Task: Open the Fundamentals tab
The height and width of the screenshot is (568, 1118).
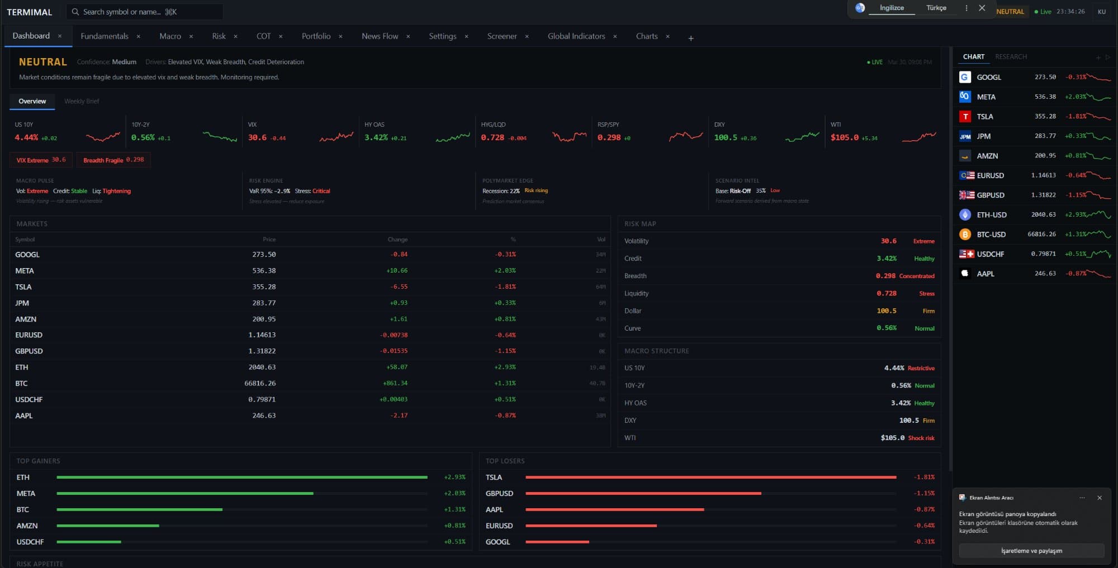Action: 105,36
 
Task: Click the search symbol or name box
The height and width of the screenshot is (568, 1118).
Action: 145,12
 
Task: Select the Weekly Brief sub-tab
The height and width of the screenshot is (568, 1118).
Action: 82,101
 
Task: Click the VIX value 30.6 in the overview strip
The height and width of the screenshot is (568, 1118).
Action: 257,137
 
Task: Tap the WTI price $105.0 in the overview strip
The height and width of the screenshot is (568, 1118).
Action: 844,137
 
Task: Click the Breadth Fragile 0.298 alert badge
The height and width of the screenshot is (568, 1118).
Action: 113,160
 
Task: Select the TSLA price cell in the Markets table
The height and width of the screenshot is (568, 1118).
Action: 264,287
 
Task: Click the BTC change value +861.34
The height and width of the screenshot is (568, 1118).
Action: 395,384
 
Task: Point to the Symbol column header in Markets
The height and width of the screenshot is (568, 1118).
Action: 25,240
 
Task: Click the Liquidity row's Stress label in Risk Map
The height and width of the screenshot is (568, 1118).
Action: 926,294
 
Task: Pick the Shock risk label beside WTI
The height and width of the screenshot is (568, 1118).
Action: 921,438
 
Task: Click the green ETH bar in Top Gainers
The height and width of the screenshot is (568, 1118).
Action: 241,478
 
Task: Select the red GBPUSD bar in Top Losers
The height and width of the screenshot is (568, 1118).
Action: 643,494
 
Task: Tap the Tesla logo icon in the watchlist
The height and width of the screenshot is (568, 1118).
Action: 965,117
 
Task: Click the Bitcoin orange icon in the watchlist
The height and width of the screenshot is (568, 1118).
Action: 965,235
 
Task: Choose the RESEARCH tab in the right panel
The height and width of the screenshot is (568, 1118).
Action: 1011,57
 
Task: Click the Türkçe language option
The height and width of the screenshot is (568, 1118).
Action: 936,8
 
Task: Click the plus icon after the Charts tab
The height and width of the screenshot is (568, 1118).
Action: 691,38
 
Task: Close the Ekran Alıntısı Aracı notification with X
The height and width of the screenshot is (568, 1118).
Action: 1099,498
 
